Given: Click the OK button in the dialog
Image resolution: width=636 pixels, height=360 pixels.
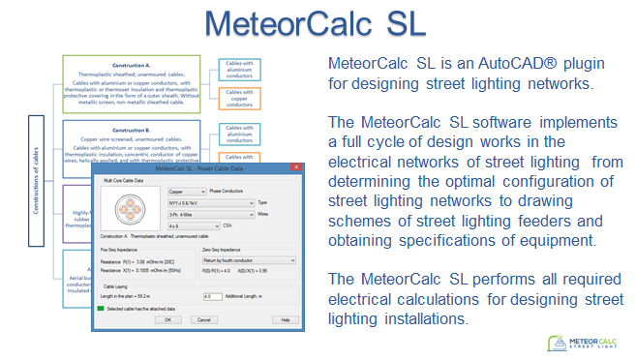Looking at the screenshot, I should (167, 318).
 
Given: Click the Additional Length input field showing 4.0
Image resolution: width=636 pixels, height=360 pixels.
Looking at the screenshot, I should (212, 295).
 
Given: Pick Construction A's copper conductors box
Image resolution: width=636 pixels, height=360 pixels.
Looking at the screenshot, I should (241, 99).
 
